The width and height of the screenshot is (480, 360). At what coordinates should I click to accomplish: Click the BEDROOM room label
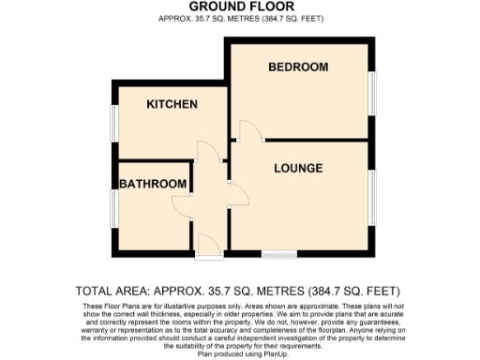pos(297,67)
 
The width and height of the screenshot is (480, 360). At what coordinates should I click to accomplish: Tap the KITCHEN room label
pos(172,104)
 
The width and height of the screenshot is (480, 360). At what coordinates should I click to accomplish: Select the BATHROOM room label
pos(152,185)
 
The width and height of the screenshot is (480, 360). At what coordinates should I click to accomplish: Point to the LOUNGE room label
pos(298,169)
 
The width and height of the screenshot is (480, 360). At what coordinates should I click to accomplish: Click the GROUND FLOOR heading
pos(239,6)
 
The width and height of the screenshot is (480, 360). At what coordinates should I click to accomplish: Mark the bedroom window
pos(372,96)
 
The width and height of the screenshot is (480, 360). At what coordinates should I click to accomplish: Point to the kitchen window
pos(113,122)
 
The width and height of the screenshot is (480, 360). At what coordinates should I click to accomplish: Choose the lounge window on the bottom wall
pos(278,254)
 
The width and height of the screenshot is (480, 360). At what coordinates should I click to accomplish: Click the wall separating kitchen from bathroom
pos(155,160)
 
